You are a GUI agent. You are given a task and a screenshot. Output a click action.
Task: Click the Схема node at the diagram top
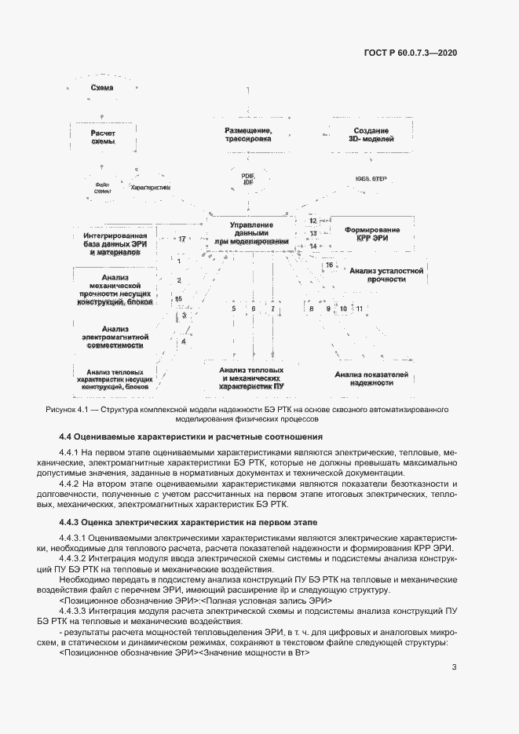103,88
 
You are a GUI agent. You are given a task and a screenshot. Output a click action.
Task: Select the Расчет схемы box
103,137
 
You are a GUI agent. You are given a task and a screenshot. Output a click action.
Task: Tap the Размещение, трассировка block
248,134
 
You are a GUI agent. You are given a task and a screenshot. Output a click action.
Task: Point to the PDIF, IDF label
248,180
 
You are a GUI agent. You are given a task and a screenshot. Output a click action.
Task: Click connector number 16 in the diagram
330,265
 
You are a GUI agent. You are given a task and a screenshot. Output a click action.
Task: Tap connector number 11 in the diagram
359,309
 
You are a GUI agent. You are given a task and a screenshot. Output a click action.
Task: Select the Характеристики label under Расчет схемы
150,188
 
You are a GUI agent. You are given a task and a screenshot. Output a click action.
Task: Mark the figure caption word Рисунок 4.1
70,410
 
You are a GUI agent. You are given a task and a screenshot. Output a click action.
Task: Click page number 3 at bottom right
455,667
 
